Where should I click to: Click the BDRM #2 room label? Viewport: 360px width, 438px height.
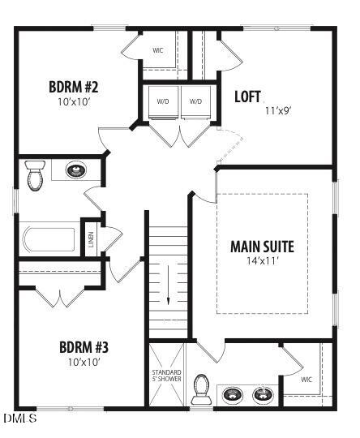click(x=74, y=87)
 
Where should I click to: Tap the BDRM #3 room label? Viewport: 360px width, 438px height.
click(x=84, y=347)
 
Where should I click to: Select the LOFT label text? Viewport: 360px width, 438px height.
click(x=247, y=97)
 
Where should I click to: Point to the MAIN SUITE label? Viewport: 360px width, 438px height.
click(x=262, y=247)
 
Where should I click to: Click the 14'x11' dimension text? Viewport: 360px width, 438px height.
click(x=262, y=261)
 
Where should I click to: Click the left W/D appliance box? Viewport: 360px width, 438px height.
click(x=163, y=101)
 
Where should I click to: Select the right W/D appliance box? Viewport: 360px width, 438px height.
click(x=195, y=101)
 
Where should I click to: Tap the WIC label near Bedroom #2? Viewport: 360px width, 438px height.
click(x=158, y=50)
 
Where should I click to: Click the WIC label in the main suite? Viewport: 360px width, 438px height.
click(x=306, y=379)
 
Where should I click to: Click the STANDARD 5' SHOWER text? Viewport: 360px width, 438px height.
click(x=165, y=376)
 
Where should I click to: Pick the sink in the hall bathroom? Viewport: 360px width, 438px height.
click(x=75, y=171)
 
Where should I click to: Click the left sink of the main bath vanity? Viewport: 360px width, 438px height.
click(x=233, y=394)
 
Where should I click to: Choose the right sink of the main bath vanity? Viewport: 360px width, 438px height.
click(x=263, y=394)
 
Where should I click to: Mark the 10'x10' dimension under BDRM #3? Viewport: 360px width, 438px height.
click(x=84, y=363)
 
